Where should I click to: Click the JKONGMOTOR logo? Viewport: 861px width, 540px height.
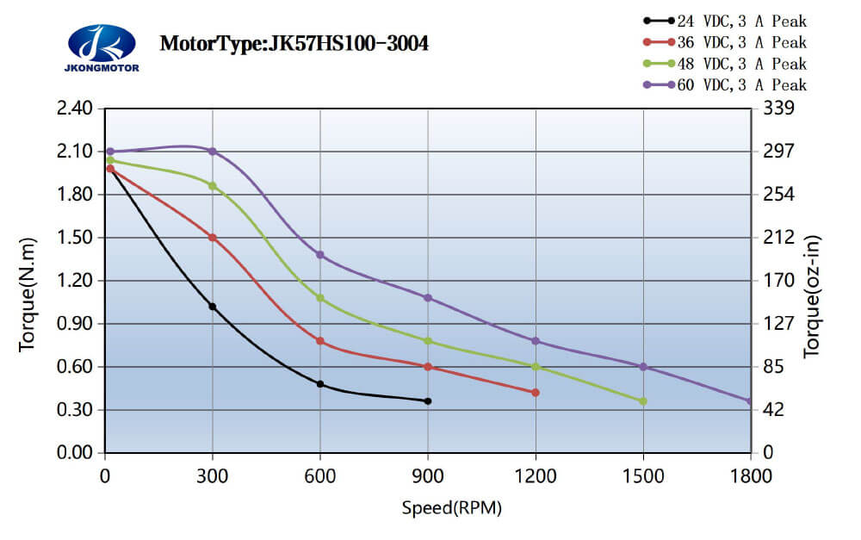(102, 48)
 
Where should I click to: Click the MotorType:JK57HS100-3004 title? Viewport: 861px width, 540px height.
(294, 43)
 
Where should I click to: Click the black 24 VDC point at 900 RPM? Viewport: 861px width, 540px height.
(428, 401)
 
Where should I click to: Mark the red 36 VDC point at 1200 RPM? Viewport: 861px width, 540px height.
(536, 393)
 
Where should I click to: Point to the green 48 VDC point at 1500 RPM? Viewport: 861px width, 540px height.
(643, 401)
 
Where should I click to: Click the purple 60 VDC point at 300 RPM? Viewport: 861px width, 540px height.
(213, 152)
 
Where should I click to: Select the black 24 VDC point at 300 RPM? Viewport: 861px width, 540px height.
(213, 307)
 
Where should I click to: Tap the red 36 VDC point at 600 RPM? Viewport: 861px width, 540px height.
(320, 341)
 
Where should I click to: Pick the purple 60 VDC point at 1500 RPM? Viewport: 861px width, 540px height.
(643, 367)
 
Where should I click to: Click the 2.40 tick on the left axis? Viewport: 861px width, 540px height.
(73, 109)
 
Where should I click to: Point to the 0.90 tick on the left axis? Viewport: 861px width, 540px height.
(73, 324)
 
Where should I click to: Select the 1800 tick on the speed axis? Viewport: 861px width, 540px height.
(751, 475)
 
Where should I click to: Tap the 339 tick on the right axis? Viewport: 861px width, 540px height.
(777, 109)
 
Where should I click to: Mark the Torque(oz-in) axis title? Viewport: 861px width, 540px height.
(812, 297)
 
